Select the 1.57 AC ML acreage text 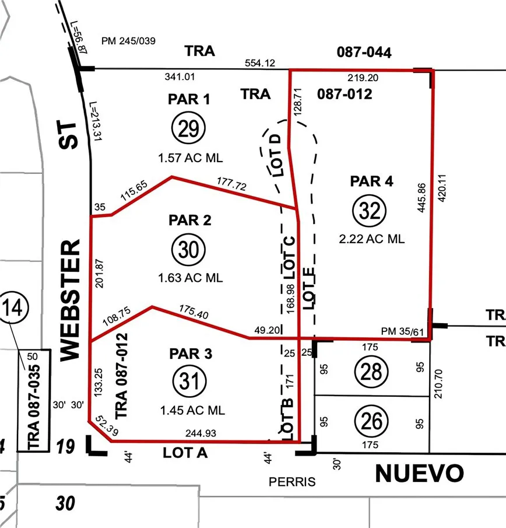[191, 158]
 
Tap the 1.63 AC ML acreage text [191, 278]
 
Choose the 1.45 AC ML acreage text [192, 410]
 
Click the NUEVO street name [419, 473]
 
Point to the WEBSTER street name [69, 299]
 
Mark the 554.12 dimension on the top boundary [261, 63]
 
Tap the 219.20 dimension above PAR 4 [360, 77]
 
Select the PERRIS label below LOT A [292, 482]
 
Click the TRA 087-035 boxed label [34, 400]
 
